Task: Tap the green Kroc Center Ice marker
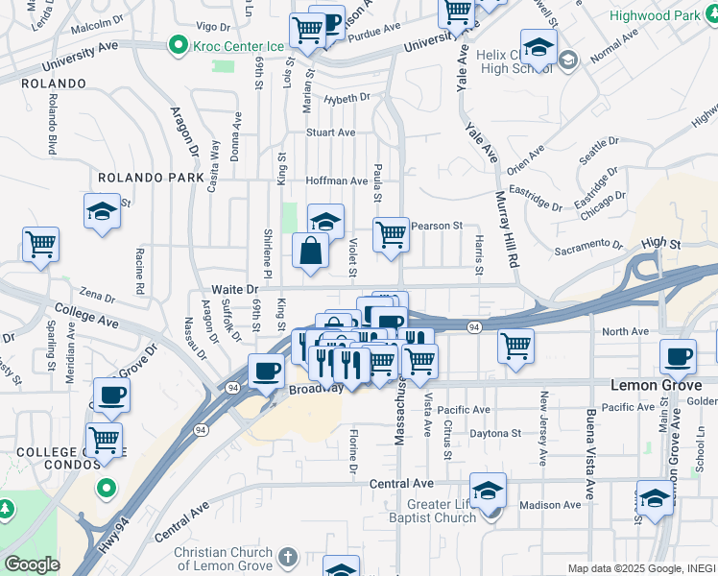177,45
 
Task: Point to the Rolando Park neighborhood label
152,178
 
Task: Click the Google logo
32,564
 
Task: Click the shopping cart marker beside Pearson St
391,233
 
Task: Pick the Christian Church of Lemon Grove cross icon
289,556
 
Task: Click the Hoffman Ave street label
337,180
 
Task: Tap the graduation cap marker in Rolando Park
103,211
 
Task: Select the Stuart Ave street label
331,132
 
